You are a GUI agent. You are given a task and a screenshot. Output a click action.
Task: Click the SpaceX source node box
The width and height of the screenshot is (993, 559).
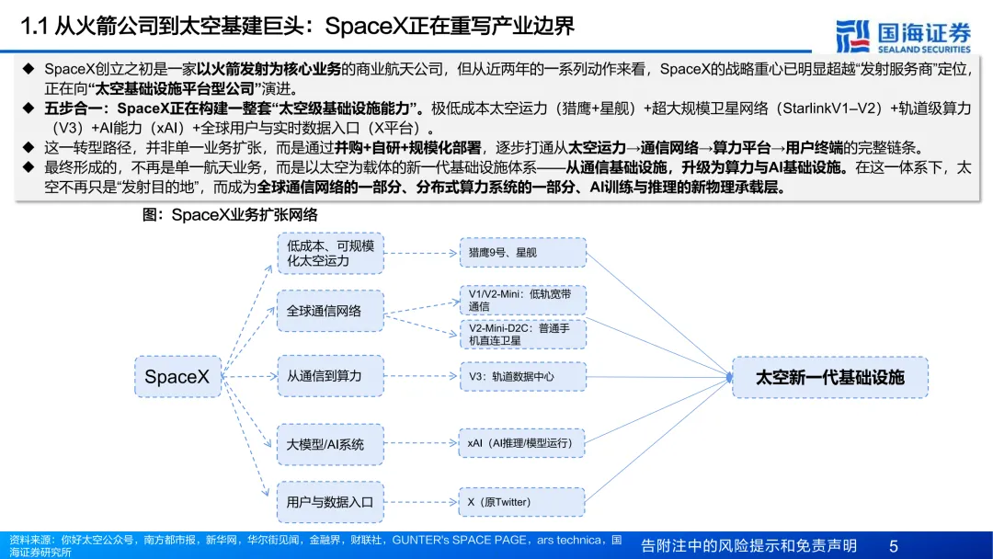[177, 377]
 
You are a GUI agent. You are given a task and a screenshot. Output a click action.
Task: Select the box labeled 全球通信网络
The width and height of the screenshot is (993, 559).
[330, 311]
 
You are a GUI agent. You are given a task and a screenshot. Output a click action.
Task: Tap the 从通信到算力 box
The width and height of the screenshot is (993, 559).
[330, 376]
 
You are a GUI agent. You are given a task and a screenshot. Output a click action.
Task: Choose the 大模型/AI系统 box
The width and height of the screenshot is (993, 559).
[330, 444]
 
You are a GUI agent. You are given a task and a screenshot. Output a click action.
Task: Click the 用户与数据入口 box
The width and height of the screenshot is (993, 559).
[330, 502]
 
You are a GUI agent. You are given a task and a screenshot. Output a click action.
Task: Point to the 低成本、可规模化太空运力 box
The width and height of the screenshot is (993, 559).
[330, 253]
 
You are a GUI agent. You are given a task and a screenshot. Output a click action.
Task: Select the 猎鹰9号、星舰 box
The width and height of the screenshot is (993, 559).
[522, 253]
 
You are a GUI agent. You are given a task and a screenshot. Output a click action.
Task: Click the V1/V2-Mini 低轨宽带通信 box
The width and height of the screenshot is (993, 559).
[522, 300]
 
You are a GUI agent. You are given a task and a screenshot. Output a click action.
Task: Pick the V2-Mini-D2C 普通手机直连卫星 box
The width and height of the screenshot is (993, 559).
[522, 334]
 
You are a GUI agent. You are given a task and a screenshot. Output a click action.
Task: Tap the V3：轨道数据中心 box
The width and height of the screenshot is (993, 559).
[522, 376]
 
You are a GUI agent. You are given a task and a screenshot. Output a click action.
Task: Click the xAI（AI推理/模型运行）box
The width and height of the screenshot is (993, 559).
[522, 443]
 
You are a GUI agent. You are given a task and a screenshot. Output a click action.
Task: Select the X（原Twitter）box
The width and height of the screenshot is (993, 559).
[522, 502]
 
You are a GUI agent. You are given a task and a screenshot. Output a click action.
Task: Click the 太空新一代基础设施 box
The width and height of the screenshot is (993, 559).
[829, 377]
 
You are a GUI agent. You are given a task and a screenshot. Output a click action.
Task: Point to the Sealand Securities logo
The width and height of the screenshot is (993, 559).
[903, 35]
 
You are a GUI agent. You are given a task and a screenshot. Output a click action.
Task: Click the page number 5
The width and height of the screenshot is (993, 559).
[893, 546]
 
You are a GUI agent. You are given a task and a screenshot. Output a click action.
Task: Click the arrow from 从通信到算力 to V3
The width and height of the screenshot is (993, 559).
[421, 376]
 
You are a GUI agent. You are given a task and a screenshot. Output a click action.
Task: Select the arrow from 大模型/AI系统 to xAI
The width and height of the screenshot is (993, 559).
[421, 443]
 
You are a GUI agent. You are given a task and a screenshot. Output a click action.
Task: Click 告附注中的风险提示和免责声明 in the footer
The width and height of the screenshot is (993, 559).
[748, 546]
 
